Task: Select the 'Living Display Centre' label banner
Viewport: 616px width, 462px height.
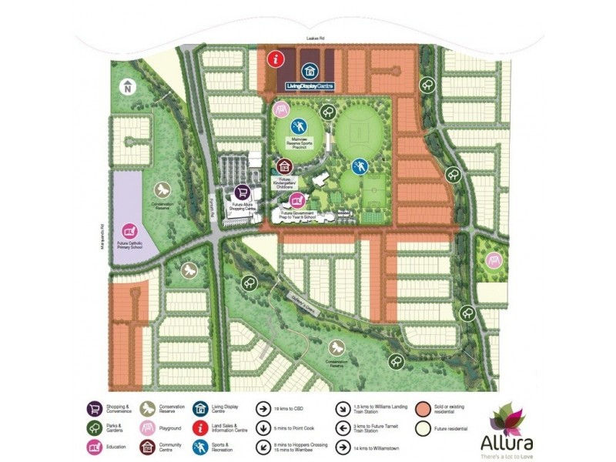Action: click(x=309, y=85)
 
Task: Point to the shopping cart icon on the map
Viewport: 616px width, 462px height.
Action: click(x=242, y=192)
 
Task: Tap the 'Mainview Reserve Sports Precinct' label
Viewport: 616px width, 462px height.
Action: click(x=300, y=142)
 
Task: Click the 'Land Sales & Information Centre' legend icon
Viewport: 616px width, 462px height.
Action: click(x=203, y=427)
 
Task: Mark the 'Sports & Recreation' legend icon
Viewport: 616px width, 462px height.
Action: click(x=203, y=447)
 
